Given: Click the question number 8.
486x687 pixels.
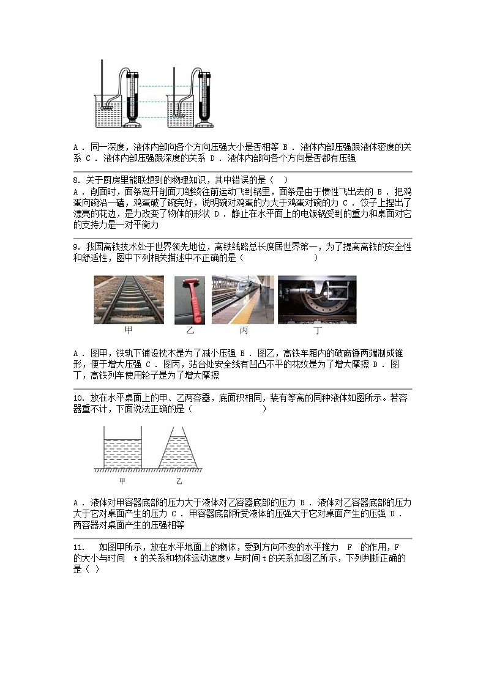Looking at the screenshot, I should [76, 180].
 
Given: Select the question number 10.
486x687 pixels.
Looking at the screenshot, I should [78, 398].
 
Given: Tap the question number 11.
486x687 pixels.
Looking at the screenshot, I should [78, 546].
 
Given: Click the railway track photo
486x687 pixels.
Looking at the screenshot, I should [129, 300].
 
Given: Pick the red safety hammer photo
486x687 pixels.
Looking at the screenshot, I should [190, 300].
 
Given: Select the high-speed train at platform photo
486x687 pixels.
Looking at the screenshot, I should [242, 300].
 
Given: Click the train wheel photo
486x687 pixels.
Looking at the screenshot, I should [317, 300].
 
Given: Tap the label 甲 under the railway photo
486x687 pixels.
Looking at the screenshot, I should [129, 331].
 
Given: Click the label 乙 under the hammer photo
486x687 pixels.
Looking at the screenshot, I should [190, 331].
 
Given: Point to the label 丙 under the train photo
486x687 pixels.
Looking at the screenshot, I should [243, 331].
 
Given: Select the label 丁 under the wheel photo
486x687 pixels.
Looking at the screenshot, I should [317, 331].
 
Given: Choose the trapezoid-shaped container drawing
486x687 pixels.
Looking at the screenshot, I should [179, 450].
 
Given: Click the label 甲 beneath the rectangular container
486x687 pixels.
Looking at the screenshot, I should [122, 481].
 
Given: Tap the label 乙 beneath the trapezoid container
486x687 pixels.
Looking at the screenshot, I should [179, 481].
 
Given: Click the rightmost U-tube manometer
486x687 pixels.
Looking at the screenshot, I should [204, 98].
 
